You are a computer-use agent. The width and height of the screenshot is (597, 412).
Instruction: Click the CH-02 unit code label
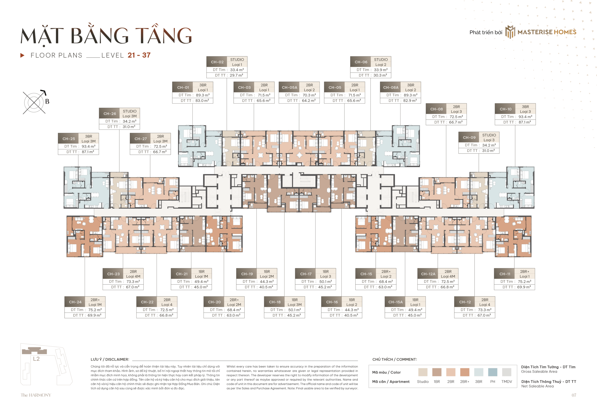click(217, 62)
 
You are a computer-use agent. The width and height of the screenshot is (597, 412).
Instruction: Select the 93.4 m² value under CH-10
click(525, 117)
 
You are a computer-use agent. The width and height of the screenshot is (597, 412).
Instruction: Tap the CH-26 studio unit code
click(110, 114)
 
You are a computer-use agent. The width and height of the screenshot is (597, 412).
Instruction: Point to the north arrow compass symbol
click(35, 102)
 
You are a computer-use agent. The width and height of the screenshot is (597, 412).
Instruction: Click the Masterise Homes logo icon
click(510, 32)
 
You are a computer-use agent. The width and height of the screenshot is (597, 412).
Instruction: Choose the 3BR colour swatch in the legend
click(478, 372)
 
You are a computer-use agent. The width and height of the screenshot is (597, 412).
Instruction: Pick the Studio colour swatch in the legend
click(423, 372)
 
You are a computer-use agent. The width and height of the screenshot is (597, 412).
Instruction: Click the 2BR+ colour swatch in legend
click(465, 372)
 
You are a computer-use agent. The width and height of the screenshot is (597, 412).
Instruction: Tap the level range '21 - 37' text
click(139, 55)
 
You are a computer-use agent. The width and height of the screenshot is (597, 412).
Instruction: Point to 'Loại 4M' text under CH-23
click(133, 276)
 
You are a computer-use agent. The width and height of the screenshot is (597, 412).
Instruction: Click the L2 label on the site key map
click(36, 359)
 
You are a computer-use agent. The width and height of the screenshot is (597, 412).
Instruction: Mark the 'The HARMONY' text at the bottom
click(36, 395)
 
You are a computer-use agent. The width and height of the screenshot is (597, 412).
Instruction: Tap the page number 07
click(573, 395)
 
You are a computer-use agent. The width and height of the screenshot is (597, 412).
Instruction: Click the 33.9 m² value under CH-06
click(380, 70)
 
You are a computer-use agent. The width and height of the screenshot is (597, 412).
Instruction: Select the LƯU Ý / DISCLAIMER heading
click(110, 359)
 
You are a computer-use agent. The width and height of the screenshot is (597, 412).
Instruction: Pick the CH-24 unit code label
click(75, 302)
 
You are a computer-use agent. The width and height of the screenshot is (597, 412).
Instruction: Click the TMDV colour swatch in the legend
click(507, 372)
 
